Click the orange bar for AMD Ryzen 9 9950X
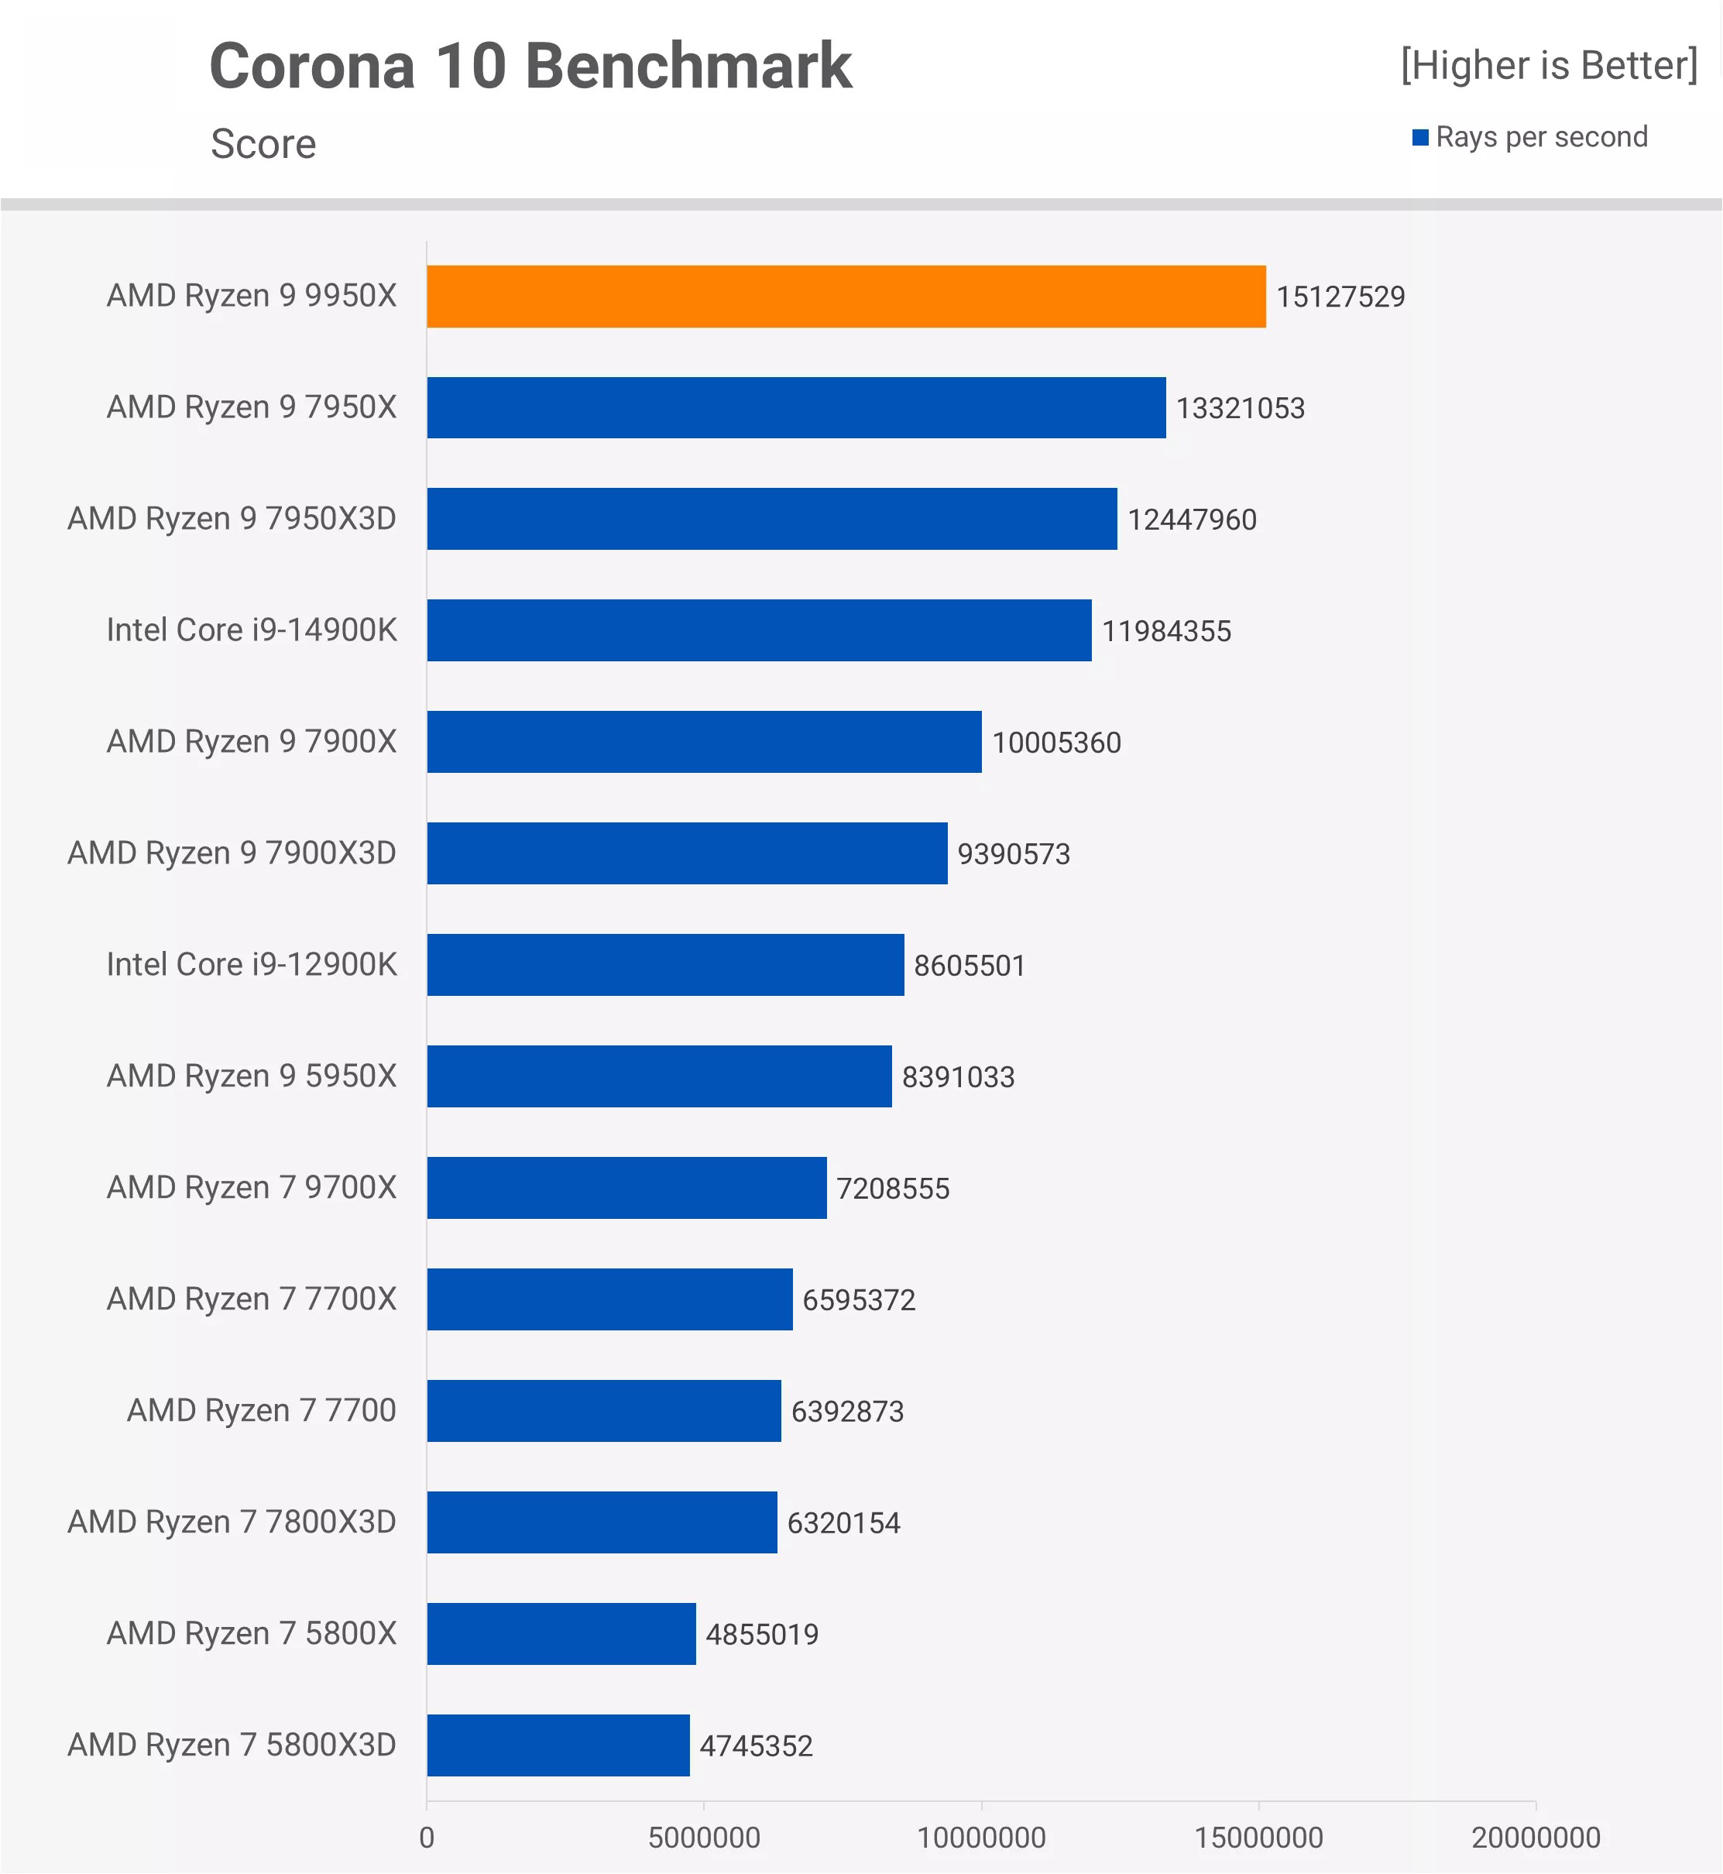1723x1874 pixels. click(846, 297)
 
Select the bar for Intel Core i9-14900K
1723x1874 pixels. click(759, 630)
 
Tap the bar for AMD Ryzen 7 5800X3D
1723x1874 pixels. click(558, 1745)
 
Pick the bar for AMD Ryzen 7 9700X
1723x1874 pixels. click(626, 1187)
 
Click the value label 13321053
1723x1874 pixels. click(1240, 408)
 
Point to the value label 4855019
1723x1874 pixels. click(762, 1635)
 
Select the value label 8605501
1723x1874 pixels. click(969, 965)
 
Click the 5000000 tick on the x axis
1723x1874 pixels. click(704, 1838)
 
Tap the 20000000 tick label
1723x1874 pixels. click(1536, 1838)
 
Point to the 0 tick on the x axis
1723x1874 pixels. click(427, 1838)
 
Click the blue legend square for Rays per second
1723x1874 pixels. click(1420, 138)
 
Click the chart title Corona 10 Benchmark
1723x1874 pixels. click(530, 66)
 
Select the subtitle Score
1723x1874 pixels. click(263, 143)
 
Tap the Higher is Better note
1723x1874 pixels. click(1549, 65)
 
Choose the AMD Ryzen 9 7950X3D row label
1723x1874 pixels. click(232, 518)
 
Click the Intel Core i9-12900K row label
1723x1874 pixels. click(252, 964)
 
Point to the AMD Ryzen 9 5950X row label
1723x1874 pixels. click(252, 1076)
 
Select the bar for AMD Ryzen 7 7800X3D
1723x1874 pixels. click(602, 1522)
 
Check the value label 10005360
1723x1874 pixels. click(1056, 742)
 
